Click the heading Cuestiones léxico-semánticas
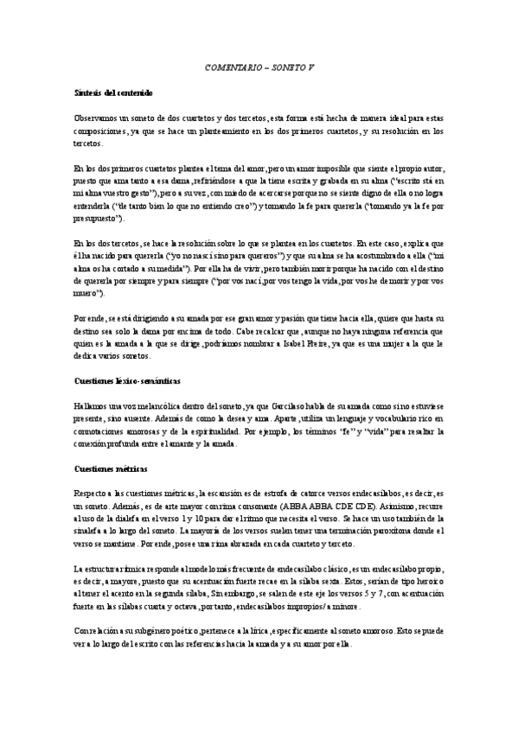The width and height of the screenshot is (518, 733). pyautogui.click(x=128, y=356)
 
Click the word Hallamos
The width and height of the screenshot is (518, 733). pyautogui.click(x=92, y=380)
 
